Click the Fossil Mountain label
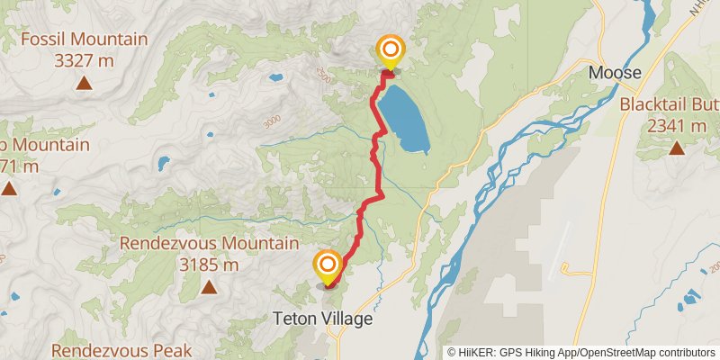84,40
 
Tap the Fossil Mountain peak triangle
84,84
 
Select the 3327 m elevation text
84,60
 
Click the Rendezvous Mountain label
209,244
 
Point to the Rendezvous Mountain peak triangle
209,288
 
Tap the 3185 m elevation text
209,265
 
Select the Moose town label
615,72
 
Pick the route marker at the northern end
390,51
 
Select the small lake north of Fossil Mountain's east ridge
274,77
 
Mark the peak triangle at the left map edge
9,189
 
